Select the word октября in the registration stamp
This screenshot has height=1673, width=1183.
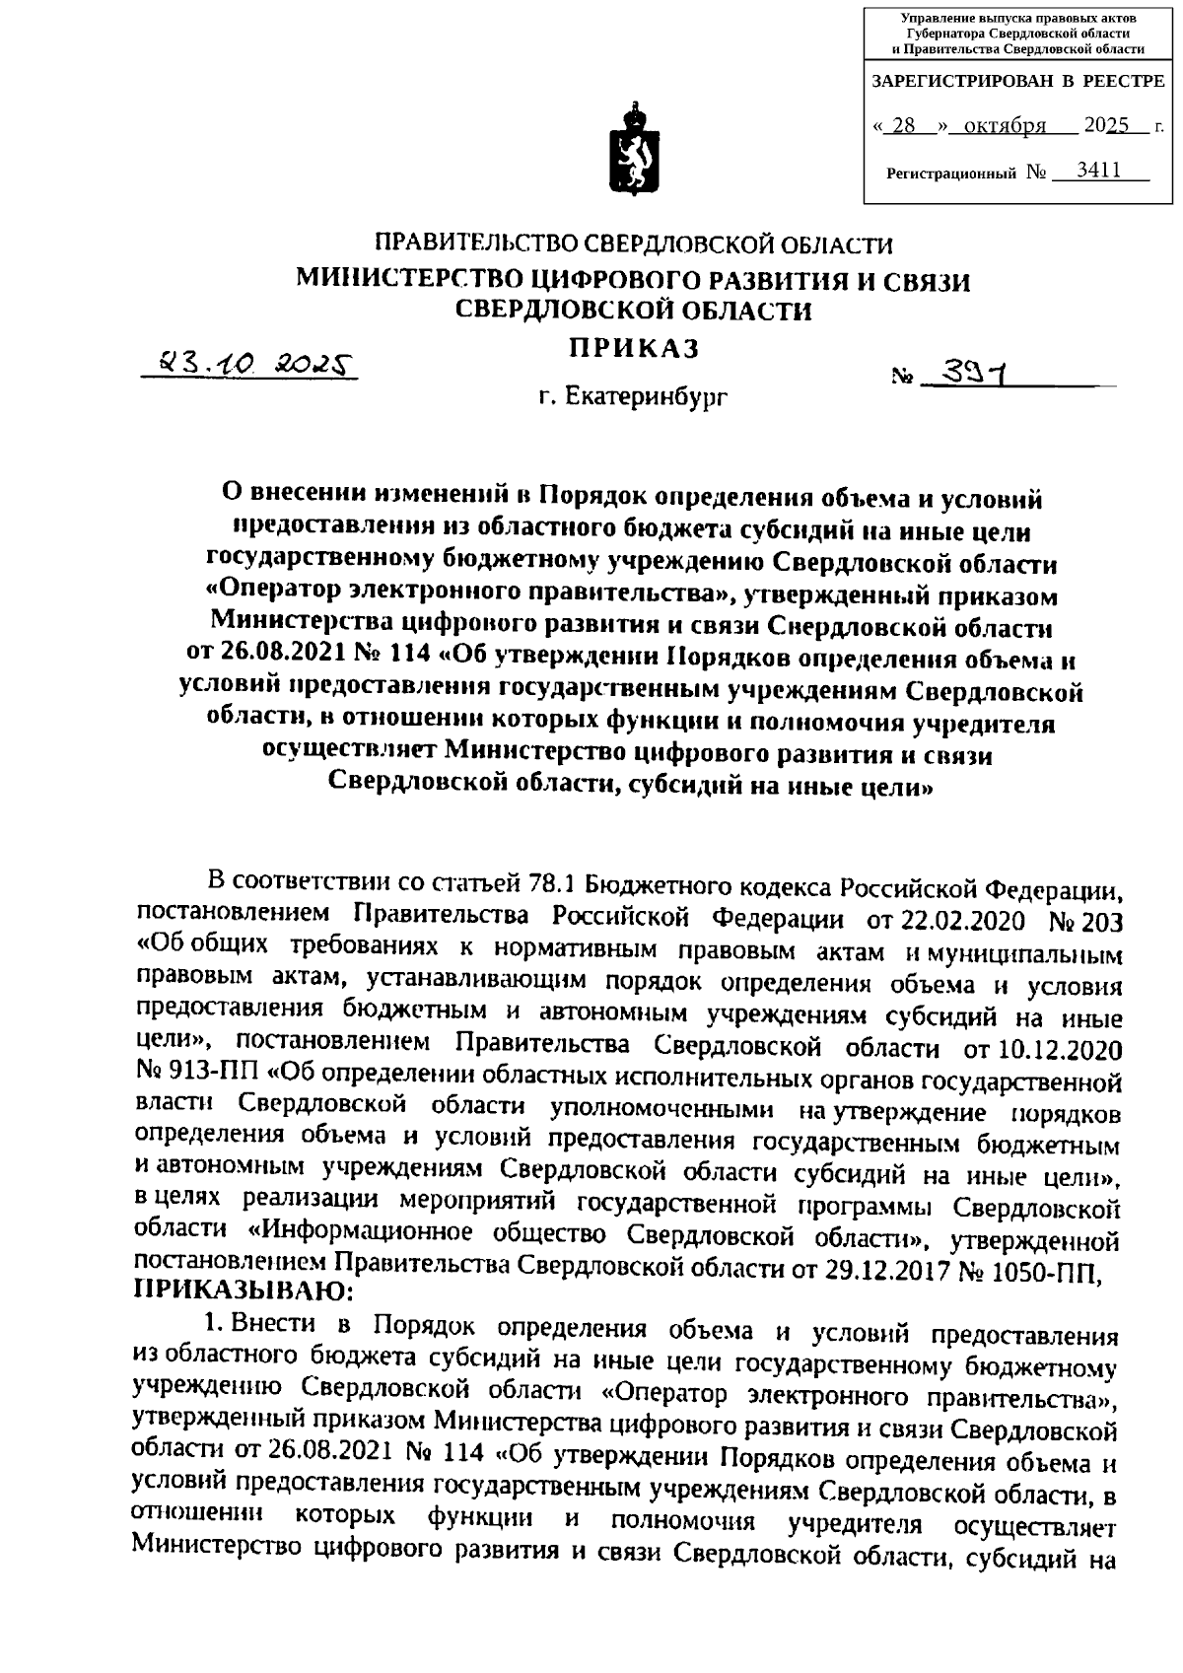(1006, 126)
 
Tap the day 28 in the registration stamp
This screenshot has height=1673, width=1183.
(903, 126)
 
